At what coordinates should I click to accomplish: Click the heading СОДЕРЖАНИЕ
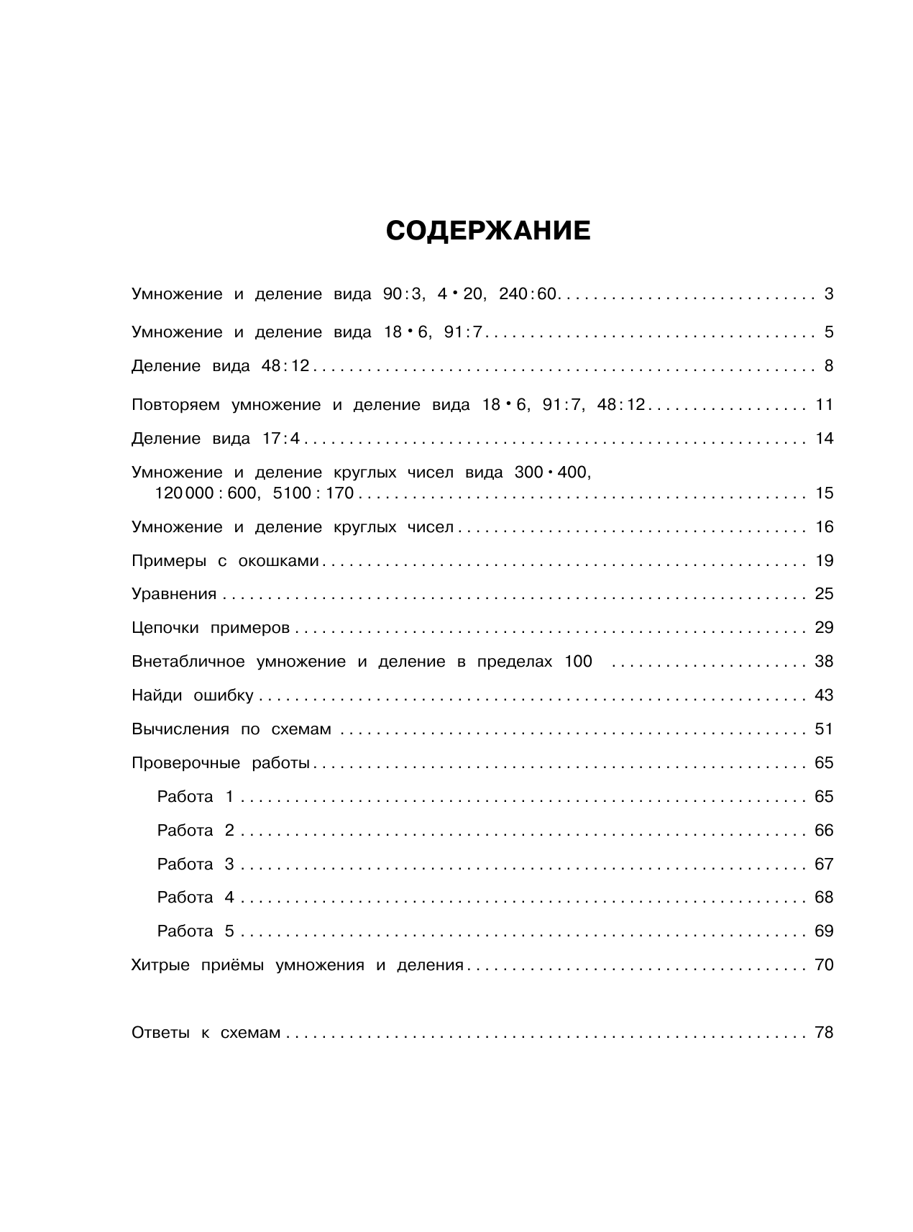tap(488, 231)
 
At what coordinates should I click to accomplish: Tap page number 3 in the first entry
tap(828, 294)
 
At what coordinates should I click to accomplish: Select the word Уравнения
tap(174, 594)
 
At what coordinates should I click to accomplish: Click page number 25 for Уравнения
tap(824, 594)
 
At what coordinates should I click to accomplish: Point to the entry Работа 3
tap(196, 864)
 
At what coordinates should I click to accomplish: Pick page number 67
tap(824, 864)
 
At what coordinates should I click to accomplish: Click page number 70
tap(824, 965)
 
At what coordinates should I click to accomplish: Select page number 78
tap(824, 1033)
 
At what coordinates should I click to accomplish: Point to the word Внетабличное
tap(188, 662)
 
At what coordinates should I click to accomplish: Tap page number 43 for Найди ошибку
tap(824, 695)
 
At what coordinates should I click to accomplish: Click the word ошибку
tap(224, 695)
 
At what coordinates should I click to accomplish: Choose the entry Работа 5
tap(196, 932)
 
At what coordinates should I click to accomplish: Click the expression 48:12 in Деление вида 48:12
tap(285, 366)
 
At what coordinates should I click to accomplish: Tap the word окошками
tap(278, 561)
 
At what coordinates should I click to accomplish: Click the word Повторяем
tap(175, 405)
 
